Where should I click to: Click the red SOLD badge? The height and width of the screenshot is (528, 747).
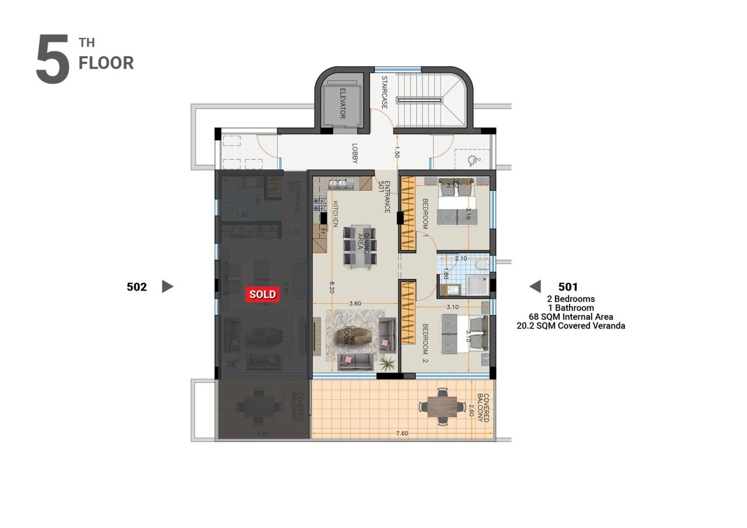click(262, 294)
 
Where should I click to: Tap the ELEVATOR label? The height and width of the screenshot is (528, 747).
click(341, 103)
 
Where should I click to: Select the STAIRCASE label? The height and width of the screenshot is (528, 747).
click(385, 93)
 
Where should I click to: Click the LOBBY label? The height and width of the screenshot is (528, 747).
click(354, 153)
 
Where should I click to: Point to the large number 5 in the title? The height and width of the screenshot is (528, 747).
click(53, 60)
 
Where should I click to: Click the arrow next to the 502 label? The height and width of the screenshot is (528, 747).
click(167, 286)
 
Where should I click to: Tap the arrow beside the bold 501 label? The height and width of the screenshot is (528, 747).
click(535, 286)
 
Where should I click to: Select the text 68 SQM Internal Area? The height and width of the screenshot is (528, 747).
click(571, 317)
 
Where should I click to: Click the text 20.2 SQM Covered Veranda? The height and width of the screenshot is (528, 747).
click(571, 326)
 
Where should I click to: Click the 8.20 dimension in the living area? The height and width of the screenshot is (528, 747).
click(331, 286)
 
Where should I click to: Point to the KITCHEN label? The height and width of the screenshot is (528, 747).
click(336, 214)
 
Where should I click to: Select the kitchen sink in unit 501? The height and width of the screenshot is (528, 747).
click(341, 184)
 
